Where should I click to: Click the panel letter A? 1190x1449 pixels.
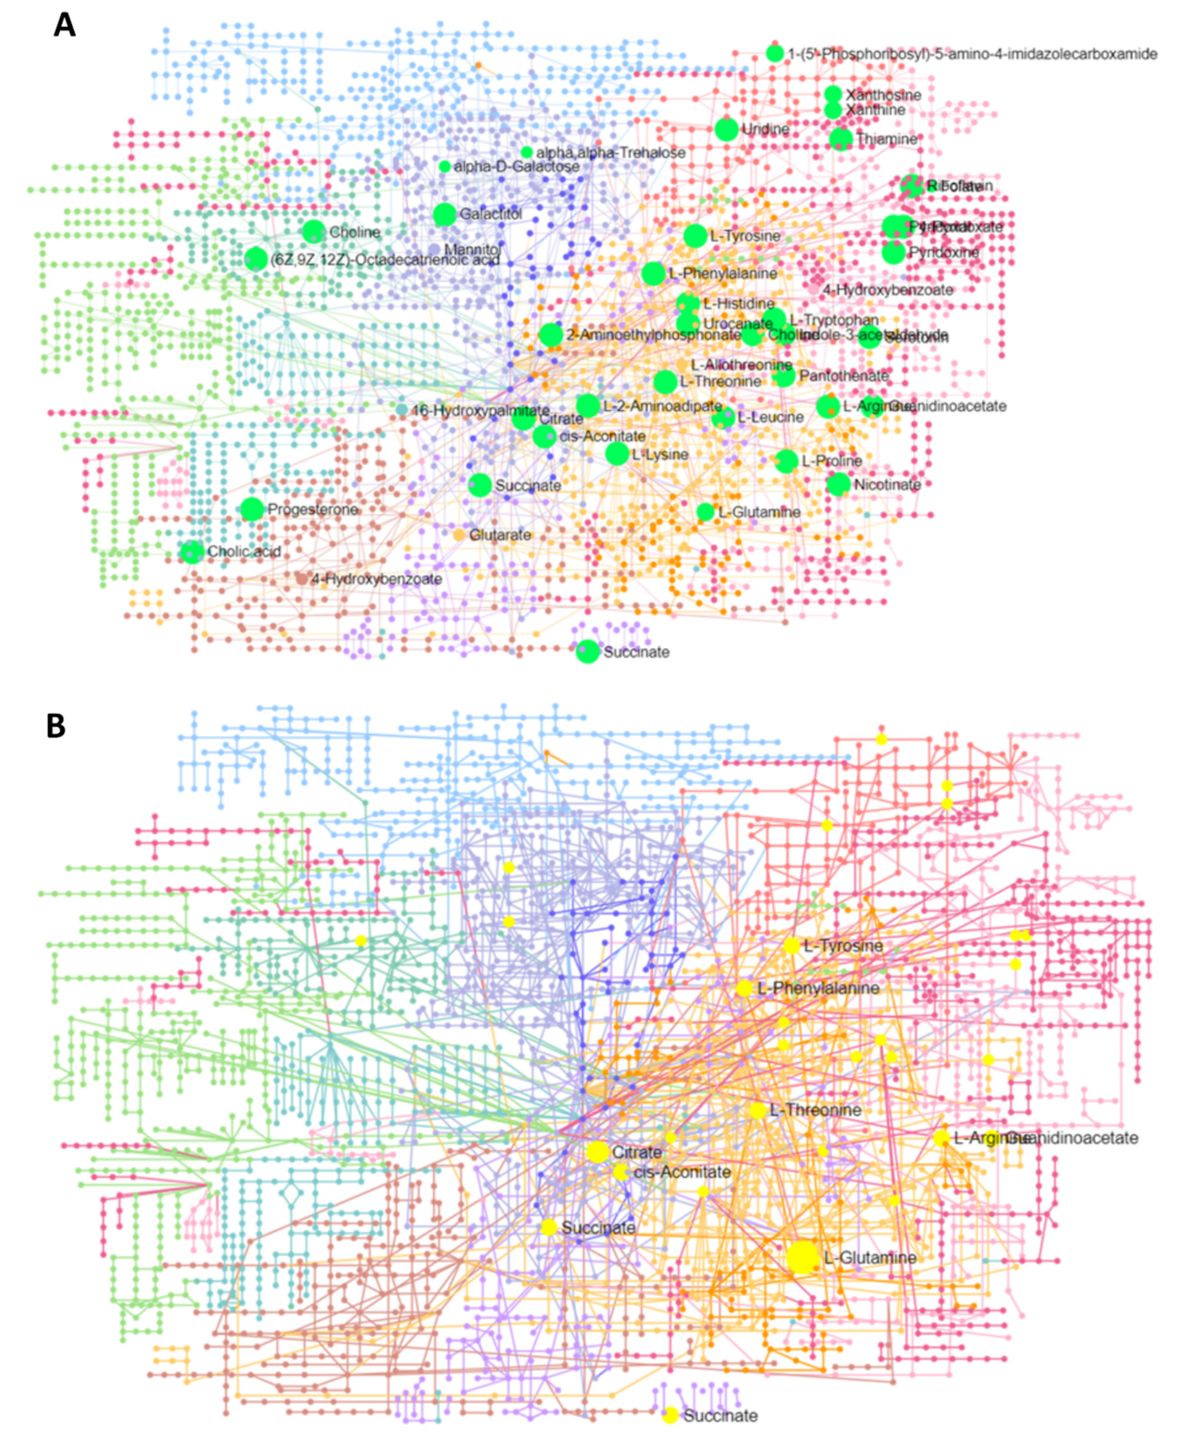point(64,25)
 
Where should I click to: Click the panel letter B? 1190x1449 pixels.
point(56,726)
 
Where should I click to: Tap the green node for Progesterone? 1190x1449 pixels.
point(252,509)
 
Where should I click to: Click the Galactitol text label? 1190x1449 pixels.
point(491,215)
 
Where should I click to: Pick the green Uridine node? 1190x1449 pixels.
point(727,129)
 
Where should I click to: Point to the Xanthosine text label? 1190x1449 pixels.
point(883,95)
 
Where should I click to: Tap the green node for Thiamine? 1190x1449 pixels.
point(841,139)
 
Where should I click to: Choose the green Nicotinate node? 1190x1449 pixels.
point(838,485)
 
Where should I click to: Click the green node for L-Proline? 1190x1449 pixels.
point(787,460)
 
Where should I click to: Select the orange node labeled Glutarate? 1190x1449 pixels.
point(459,534)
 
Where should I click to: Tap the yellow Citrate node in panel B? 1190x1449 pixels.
point(597,1152)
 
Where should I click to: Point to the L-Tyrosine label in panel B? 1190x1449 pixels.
point(843,947)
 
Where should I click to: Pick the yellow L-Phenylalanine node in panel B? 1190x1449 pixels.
point(745,989)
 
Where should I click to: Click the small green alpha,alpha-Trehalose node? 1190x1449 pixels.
point(526,152)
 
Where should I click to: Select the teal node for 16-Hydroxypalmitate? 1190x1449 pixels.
point(402,410)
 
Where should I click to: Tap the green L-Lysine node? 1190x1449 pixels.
point(617,454)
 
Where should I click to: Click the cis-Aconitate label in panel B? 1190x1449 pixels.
point(682,1172)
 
